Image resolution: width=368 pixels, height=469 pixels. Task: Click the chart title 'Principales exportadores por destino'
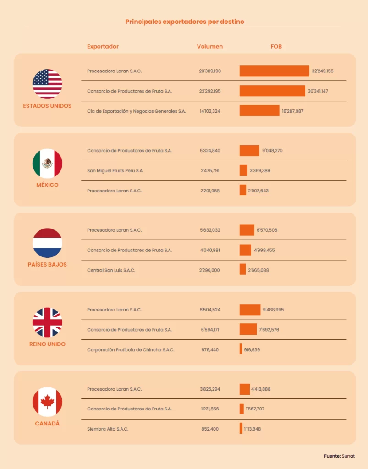coord(185,22)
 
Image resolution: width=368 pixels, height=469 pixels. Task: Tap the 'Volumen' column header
coord(210,46)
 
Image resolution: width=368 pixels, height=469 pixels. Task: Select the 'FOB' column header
coord(276,46)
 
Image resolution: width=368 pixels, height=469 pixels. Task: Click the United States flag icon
coord(47,84)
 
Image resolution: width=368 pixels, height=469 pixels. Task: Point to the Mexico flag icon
coord(47,164)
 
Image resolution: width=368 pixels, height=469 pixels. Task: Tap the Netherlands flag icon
coord(47,243)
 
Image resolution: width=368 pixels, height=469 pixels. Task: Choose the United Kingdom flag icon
coord(47,322)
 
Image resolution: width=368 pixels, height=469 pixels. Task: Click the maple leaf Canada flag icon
coord(47,402)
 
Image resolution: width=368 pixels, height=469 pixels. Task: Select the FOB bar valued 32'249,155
coord(274,71)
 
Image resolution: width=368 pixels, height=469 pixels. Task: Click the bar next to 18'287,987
coord(259,111)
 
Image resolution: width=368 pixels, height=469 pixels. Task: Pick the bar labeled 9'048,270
coord(249,151)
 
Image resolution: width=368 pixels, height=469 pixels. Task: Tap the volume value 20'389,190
coord(210,71)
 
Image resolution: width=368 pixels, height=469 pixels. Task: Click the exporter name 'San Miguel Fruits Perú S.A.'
coord(115,171)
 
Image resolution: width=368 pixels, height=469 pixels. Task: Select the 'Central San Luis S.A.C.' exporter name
coord(111,270)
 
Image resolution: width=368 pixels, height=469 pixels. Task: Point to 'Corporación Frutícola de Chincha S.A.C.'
coord(131,350)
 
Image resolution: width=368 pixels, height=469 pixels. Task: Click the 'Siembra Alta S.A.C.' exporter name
coord(108,429)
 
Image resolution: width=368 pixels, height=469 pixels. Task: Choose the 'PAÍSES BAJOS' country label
coord(47,265)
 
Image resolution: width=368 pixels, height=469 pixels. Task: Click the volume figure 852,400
coord(210,429)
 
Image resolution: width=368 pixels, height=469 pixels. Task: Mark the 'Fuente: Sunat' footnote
coord(339,456)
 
